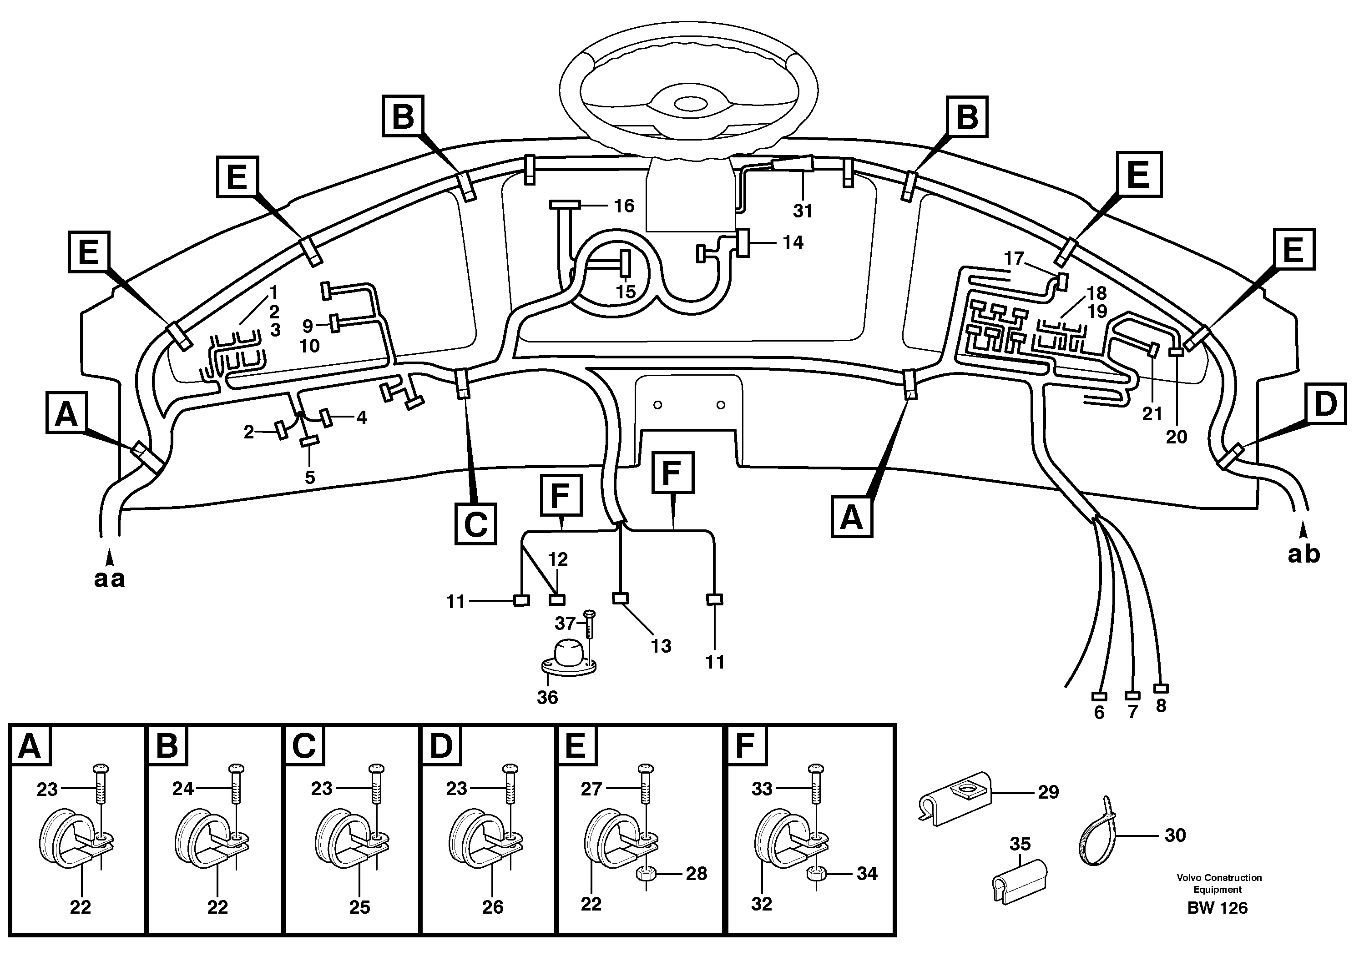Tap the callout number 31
coord(803,211)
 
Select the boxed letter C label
coord(475,523)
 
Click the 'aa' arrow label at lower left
coord(110,579)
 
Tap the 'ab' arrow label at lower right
coord(1304,554)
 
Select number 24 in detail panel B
coord(183,788)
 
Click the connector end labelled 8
coord(1161,689)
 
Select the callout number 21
coord(1152,414)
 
